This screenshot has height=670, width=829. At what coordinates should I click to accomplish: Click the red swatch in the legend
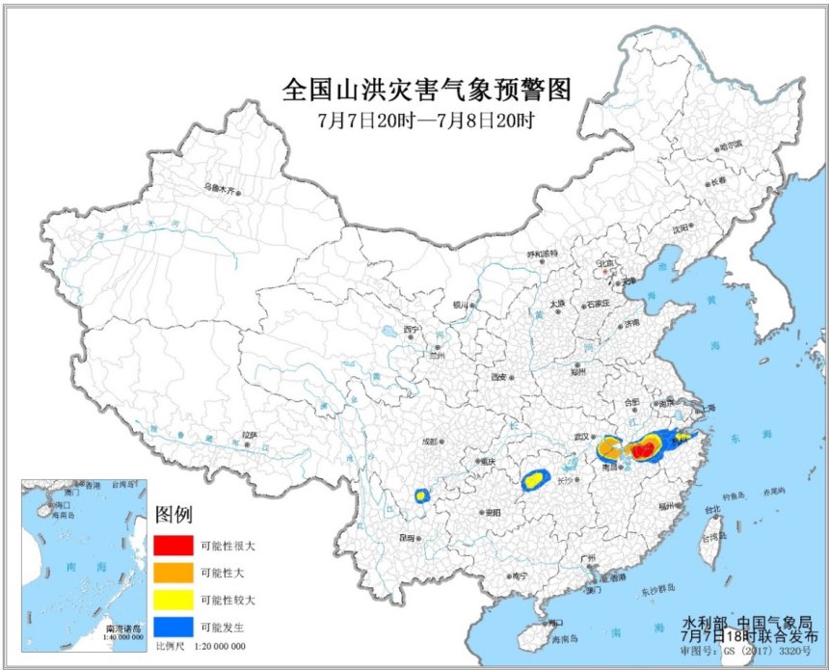174,545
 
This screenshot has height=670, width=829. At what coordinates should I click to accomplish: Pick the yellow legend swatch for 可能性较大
174,599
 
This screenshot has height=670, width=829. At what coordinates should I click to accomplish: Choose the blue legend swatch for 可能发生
174,626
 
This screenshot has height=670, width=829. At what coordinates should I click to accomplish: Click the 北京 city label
605,261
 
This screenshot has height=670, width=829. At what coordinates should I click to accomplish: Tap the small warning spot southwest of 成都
421,496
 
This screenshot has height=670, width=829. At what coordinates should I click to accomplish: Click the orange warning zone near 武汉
608,447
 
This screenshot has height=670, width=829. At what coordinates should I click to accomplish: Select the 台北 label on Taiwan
710,510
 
